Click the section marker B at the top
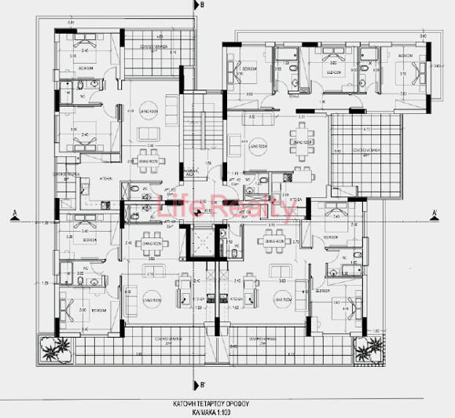[x=202, y=5]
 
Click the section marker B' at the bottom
[x=202, y=384]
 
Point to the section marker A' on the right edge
[x=434, y=211]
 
